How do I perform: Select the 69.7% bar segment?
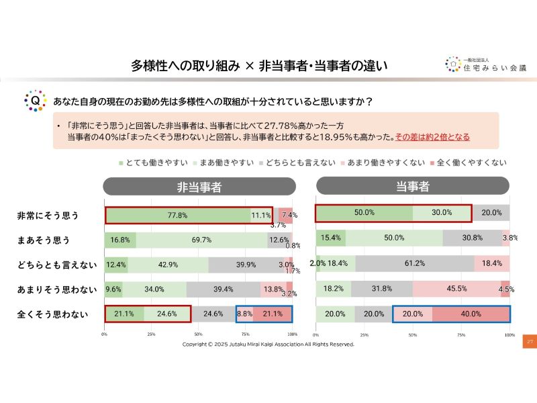pos(201,240)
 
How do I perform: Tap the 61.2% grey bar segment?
pos(414,263)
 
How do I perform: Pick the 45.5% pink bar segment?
pos(456,289)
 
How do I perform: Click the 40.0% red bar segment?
pos(470,314)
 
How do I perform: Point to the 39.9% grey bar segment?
pos(246,265)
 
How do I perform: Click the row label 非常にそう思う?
pos(48,216)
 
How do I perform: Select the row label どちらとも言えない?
pos(56,265)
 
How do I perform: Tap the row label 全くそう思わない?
pos(52,314)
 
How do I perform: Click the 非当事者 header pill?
pos(199,187)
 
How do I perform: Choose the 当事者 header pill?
pos(412,186)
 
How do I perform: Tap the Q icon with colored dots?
pos(34,101)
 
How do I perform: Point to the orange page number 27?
pos(530,342)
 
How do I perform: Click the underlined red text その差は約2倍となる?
pos(432,137)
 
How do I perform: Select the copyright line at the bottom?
pos(268,345)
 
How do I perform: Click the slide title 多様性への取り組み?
pos(184,66)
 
